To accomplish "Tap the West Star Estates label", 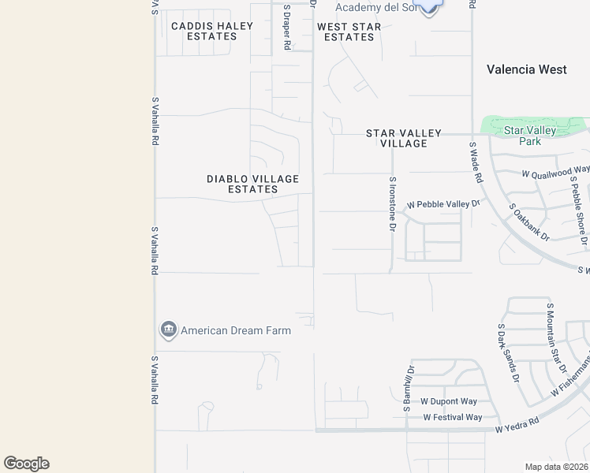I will pos(349,32).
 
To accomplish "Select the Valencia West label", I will pos(526,69).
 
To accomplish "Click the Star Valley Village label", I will pos(403,139).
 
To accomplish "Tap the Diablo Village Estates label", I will pos(252,184).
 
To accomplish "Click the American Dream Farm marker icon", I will pos(168,330).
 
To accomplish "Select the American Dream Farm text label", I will pos(236,330).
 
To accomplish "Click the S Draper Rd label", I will pos(287,35).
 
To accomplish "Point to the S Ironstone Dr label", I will pos(391,203).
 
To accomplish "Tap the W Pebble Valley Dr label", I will pos(443,205).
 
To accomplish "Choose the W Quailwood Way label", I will pos(555,171).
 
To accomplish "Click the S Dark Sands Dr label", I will pos(509,352).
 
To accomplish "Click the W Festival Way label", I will pos(452,417).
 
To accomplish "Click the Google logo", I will pos(26,464).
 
